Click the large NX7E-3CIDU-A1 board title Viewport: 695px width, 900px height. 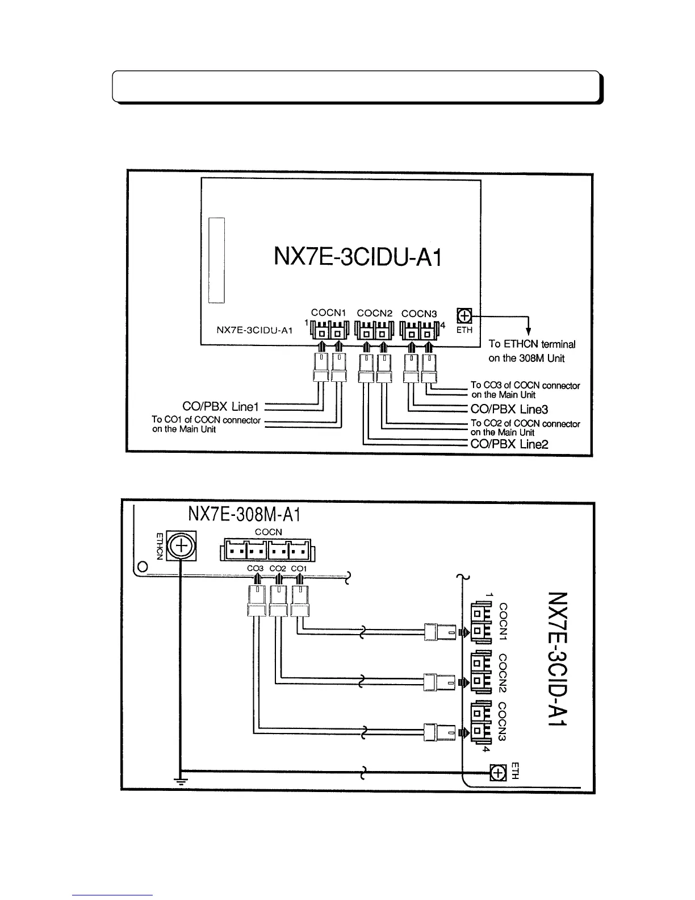(357, 257)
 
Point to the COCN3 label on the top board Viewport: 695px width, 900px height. (419, 313)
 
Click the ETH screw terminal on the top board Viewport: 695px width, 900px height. (464, 315)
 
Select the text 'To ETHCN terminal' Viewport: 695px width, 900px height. (531, 344)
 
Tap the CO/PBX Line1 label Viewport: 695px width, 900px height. (220, 407)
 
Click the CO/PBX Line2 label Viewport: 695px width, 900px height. (509, 444)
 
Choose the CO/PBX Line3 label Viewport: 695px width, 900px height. (509, 410)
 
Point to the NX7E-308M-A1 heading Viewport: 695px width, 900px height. (244, 515)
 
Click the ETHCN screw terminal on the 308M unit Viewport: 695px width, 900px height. (181, 547)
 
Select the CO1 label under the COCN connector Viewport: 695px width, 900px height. (299, 568)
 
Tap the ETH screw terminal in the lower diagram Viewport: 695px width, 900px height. (498, 773)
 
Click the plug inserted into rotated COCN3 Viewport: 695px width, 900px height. (440, 731)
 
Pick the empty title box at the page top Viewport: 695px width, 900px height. (356, 86)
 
